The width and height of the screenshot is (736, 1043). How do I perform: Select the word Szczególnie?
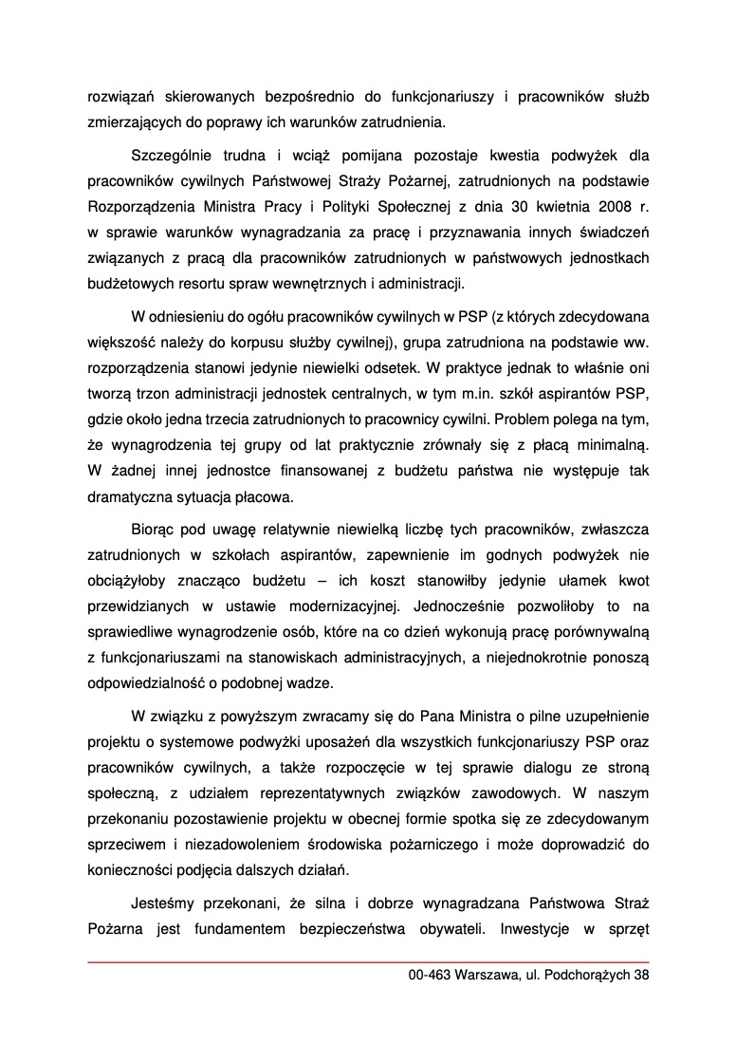pos(169,154)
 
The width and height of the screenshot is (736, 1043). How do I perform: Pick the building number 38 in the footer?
pos(641,975)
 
